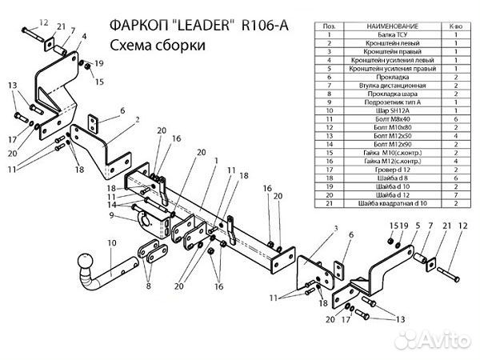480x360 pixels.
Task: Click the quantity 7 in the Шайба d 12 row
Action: tap(455, 195)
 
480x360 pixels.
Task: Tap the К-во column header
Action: tap(455, 26)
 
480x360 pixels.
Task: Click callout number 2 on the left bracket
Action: tap(138, 119)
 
